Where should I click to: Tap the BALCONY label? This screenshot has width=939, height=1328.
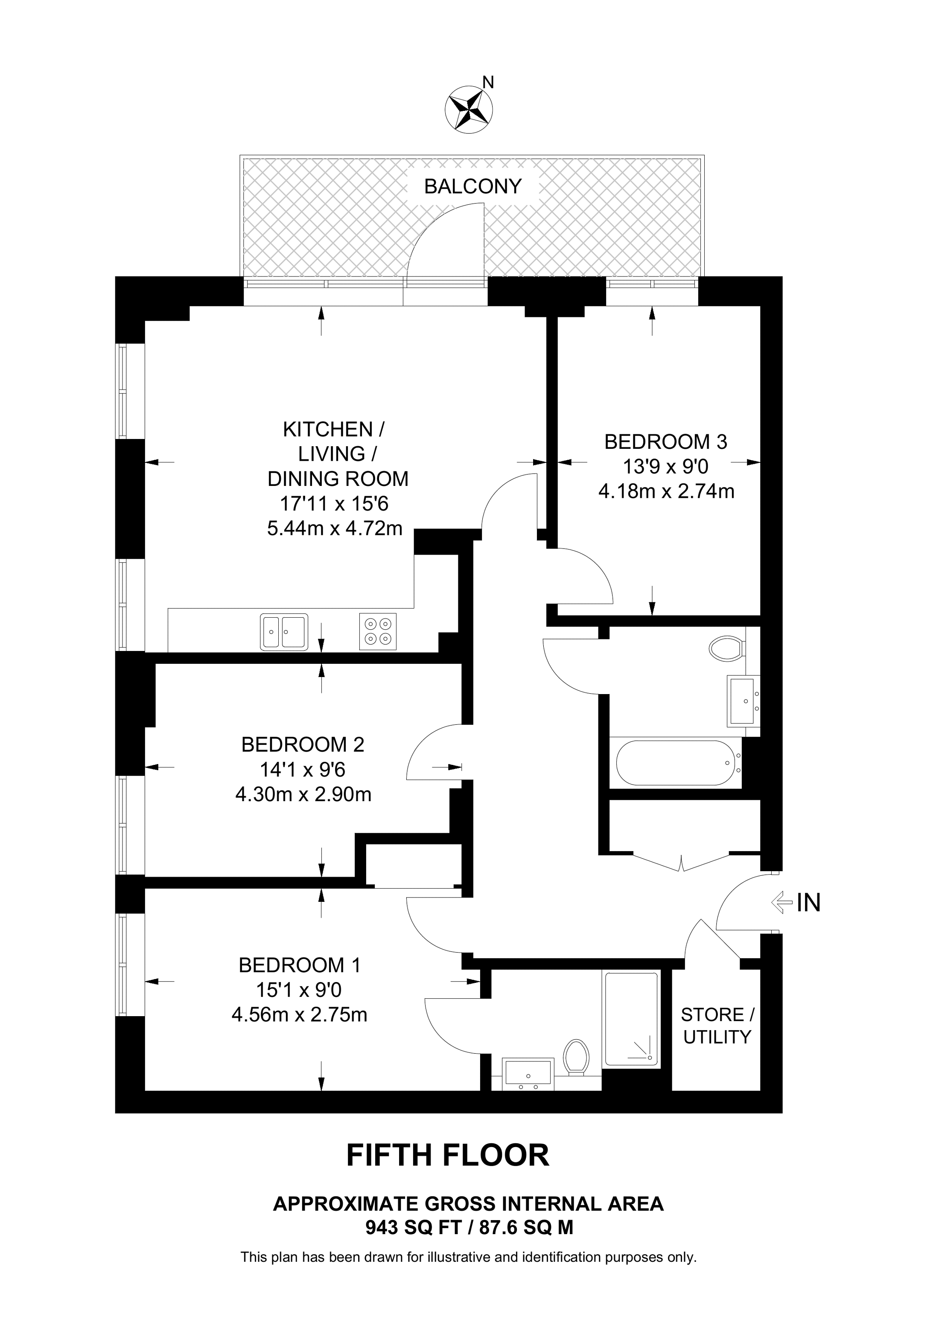click(472, 186)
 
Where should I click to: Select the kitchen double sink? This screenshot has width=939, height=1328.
click(283, 632)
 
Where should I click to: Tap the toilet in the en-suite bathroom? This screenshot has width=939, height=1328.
click(576, 1056)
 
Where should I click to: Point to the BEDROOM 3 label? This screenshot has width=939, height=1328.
click(665, 442)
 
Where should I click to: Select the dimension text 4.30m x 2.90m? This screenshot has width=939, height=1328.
click(303, 794)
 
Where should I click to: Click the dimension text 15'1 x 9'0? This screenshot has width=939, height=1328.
click(299, 990)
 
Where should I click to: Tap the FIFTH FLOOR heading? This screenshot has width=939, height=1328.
click(447, 1155)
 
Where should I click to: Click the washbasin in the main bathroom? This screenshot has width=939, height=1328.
click(742, 702)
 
